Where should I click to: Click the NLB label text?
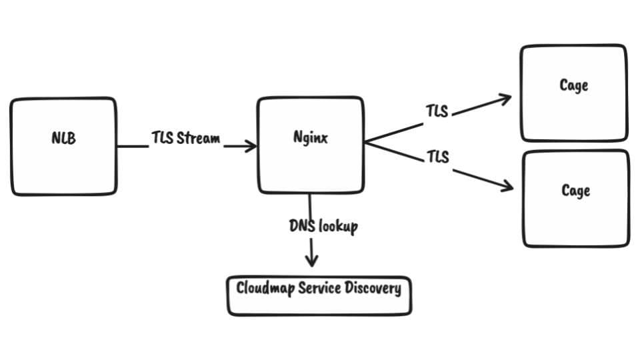(x=63, y=139)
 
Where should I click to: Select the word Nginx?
(x=311, y=139)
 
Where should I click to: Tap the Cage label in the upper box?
(x=574, y=85)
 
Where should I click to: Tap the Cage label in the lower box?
(x=575, y=191)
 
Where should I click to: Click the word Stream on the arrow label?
(x=199, y=139)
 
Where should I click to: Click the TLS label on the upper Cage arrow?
(x=437, y=111)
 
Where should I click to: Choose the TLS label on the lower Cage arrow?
(x=437, y=157)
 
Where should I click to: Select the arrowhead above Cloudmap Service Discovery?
(x=310, y=261)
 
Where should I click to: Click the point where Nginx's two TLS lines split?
(x=366, y=142)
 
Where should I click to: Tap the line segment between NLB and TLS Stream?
(x=132, y=146)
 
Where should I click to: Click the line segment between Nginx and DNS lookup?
(x=310, y=204)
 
